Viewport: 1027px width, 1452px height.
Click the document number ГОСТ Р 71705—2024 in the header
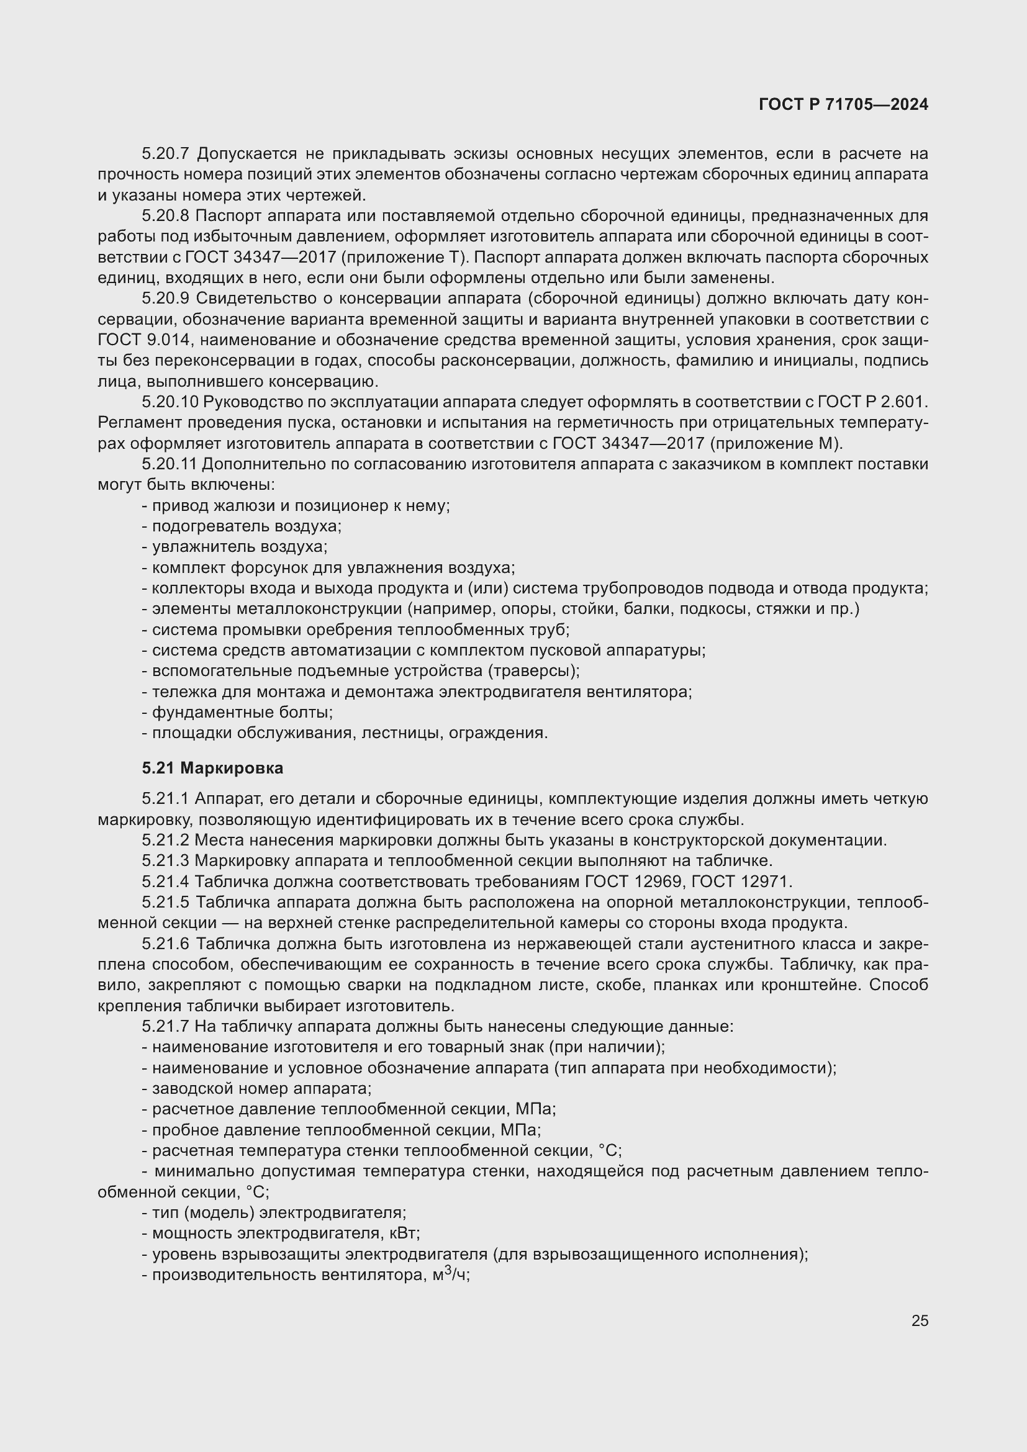(x=843, y=105)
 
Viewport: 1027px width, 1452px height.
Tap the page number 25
(x=920, y=1320)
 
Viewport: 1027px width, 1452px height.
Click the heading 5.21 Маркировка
(x=212, y=769)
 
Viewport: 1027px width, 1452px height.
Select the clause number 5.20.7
(x=165, y=154)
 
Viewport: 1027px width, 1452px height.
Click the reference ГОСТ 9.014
(x=143, y=340)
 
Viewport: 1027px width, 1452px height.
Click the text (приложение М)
(x=776, y=443)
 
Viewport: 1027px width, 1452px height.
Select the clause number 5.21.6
(x=165, y=944)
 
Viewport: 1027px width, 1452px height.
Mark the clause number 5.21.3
(x=165, y=860)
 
